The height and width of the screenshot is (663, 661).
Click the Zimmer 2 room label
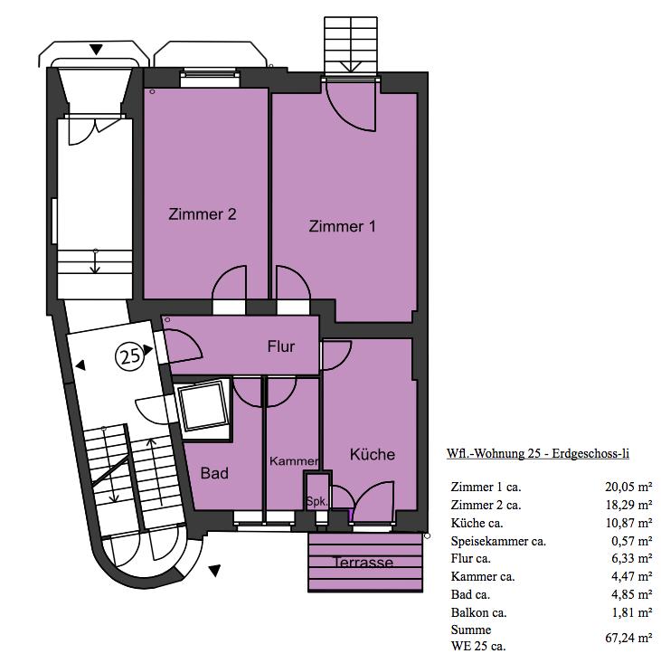coord(202,214)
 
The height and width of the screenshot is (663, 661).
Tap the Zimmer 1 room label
coord(342,227)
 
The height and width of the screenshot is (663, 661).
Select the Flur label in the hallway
coord(281,346)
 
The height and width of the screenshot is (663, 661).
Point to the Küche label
coord(373,454)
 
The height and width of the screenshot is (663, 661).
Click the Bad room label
coord(214,473)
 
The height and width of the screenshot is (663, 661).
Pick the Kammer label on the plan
coord(294,461)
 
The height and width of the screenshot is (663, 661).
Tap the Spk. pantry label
coord(316,502)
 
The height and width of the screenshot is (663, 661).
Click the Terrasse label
coord(364,563)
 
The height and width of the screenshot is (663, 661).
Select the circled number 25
coord(130,356)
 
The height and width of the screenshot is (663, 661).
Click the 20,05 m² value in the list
coord(628,488)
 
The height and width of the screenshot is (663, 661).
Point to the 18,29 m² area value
coord(628,505)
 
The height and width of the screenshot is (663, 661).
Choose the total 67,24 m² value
coord(628,638)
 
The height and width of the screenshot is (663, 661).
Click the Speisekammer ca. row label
coord(498,541)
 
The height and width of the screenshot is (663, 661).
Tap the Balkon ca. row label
coord(478,612)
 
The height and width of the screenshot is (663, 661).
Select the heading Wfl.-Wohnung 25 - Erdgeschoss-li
coord(538,454)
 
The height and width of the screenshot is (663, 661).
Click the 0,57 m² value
coord(631,541)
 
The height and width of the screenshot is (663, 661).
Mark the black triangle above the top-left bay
coord(97,50)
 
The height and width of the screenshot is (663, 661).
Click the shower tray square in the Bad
coord(202,406)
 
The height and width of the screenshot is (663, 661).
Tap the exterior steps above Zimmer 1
coord(350,45)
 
